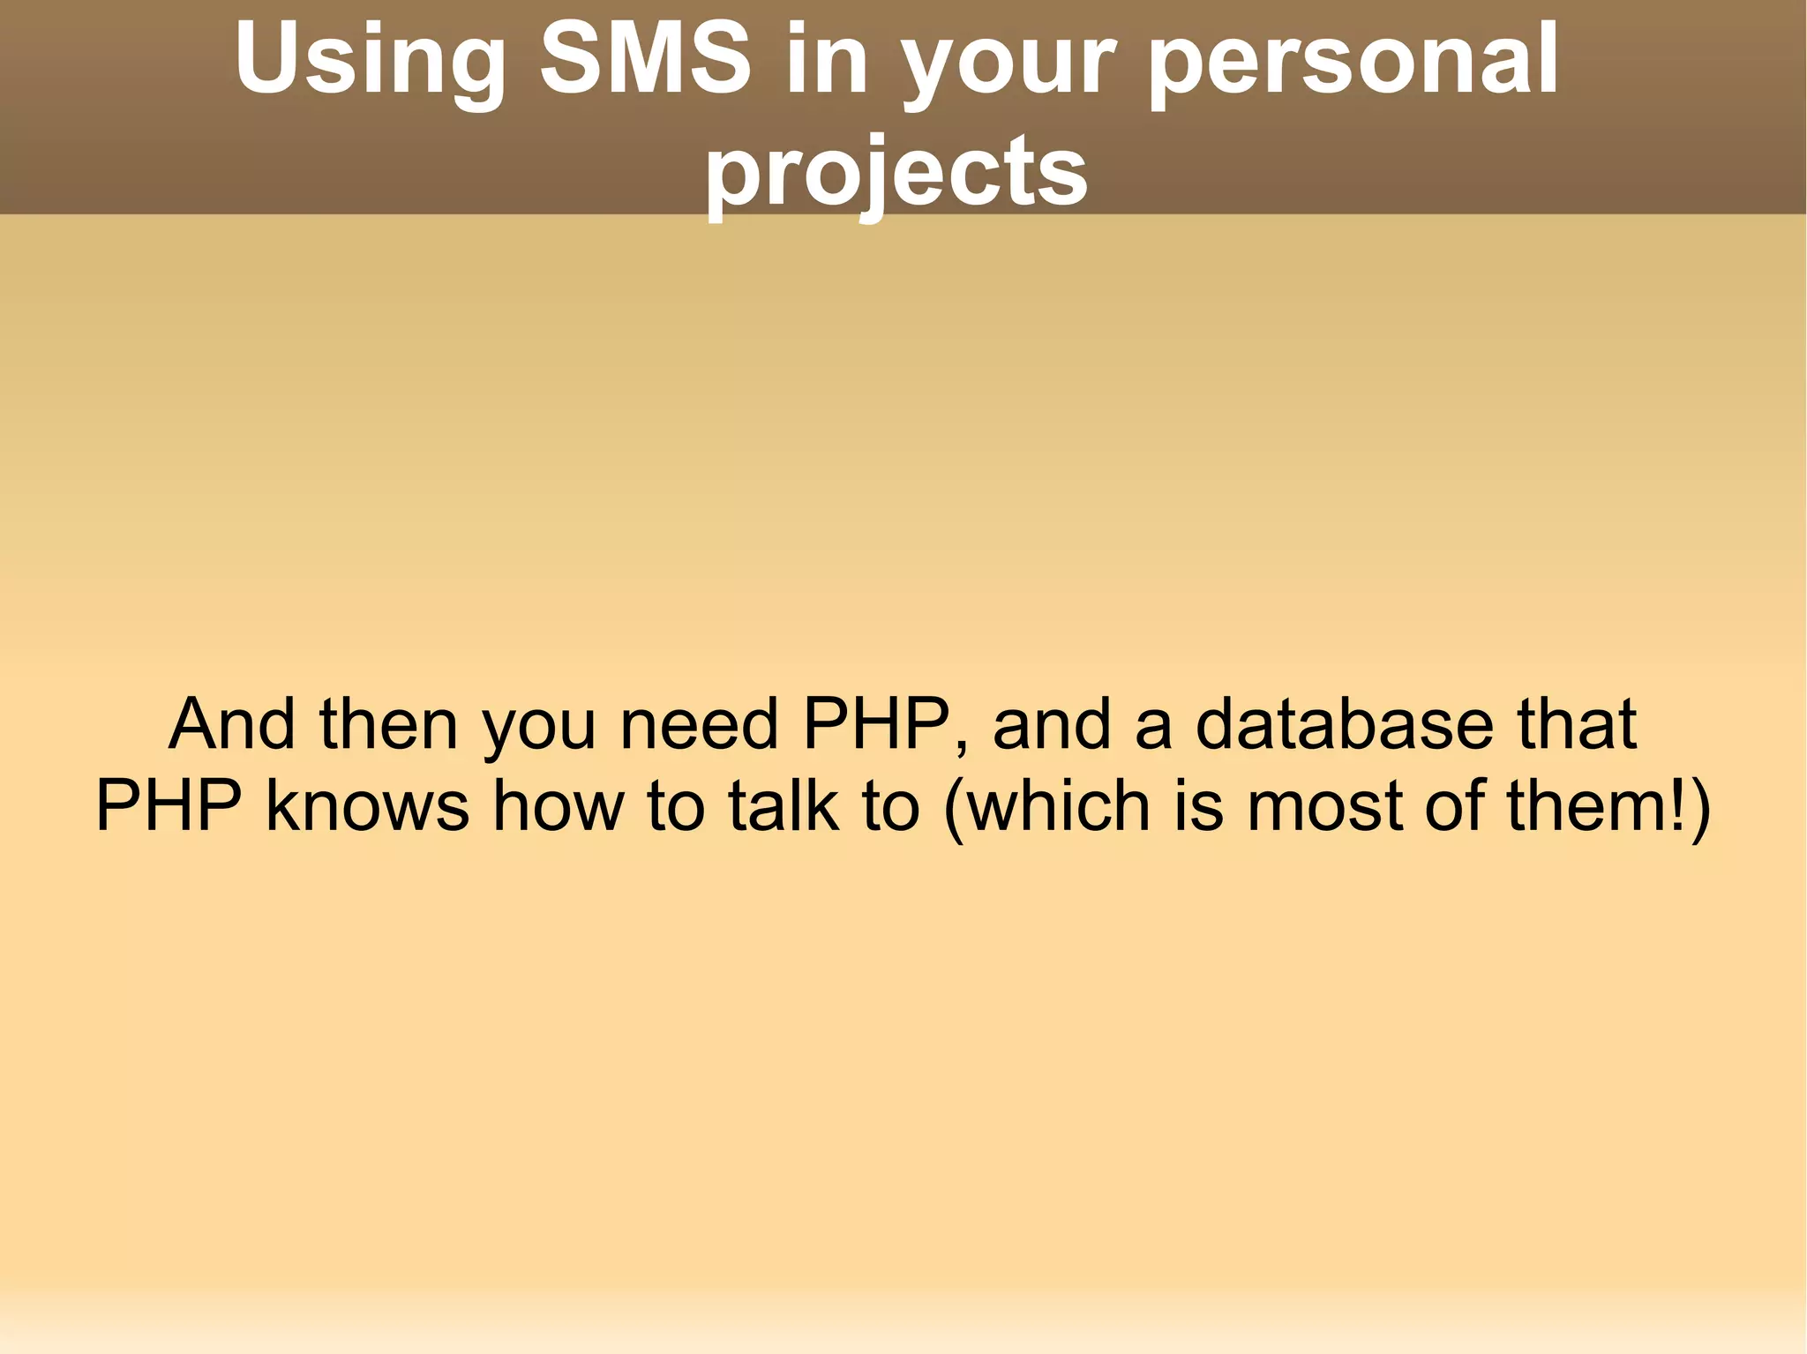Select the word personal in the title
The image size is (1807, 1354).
[1353, 60]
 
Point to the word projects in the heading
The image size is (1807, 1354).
[896, 171]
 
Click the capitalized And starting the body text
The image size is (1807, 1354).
[232, 724]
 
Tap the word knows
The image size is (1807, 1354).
[367, 805]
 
